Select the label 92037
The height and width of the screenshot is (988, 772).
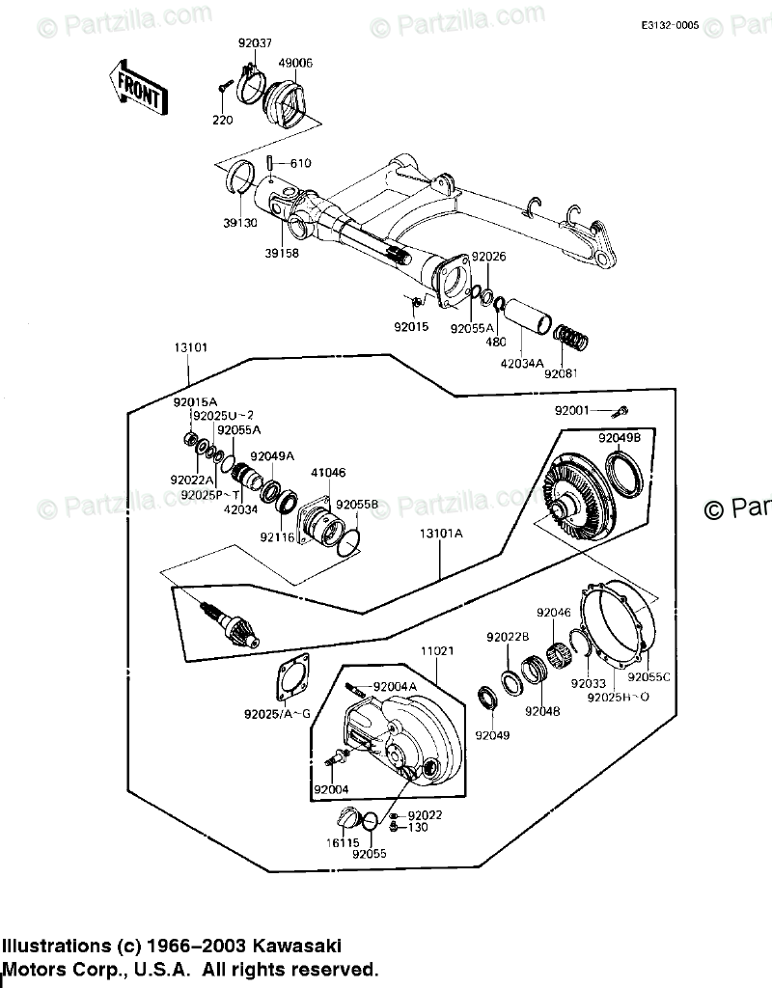255,42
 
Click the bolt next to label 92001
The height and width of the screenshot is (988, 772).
622,412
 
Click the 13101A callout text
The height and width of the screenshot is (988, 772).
440,533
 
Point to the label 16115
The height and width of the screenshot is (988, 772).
338,842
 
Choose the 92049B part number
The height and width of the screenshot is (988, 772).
619,438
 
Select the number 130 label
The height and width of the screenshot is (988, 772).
417,827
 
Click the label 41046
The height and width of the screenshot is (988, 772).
327,473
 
